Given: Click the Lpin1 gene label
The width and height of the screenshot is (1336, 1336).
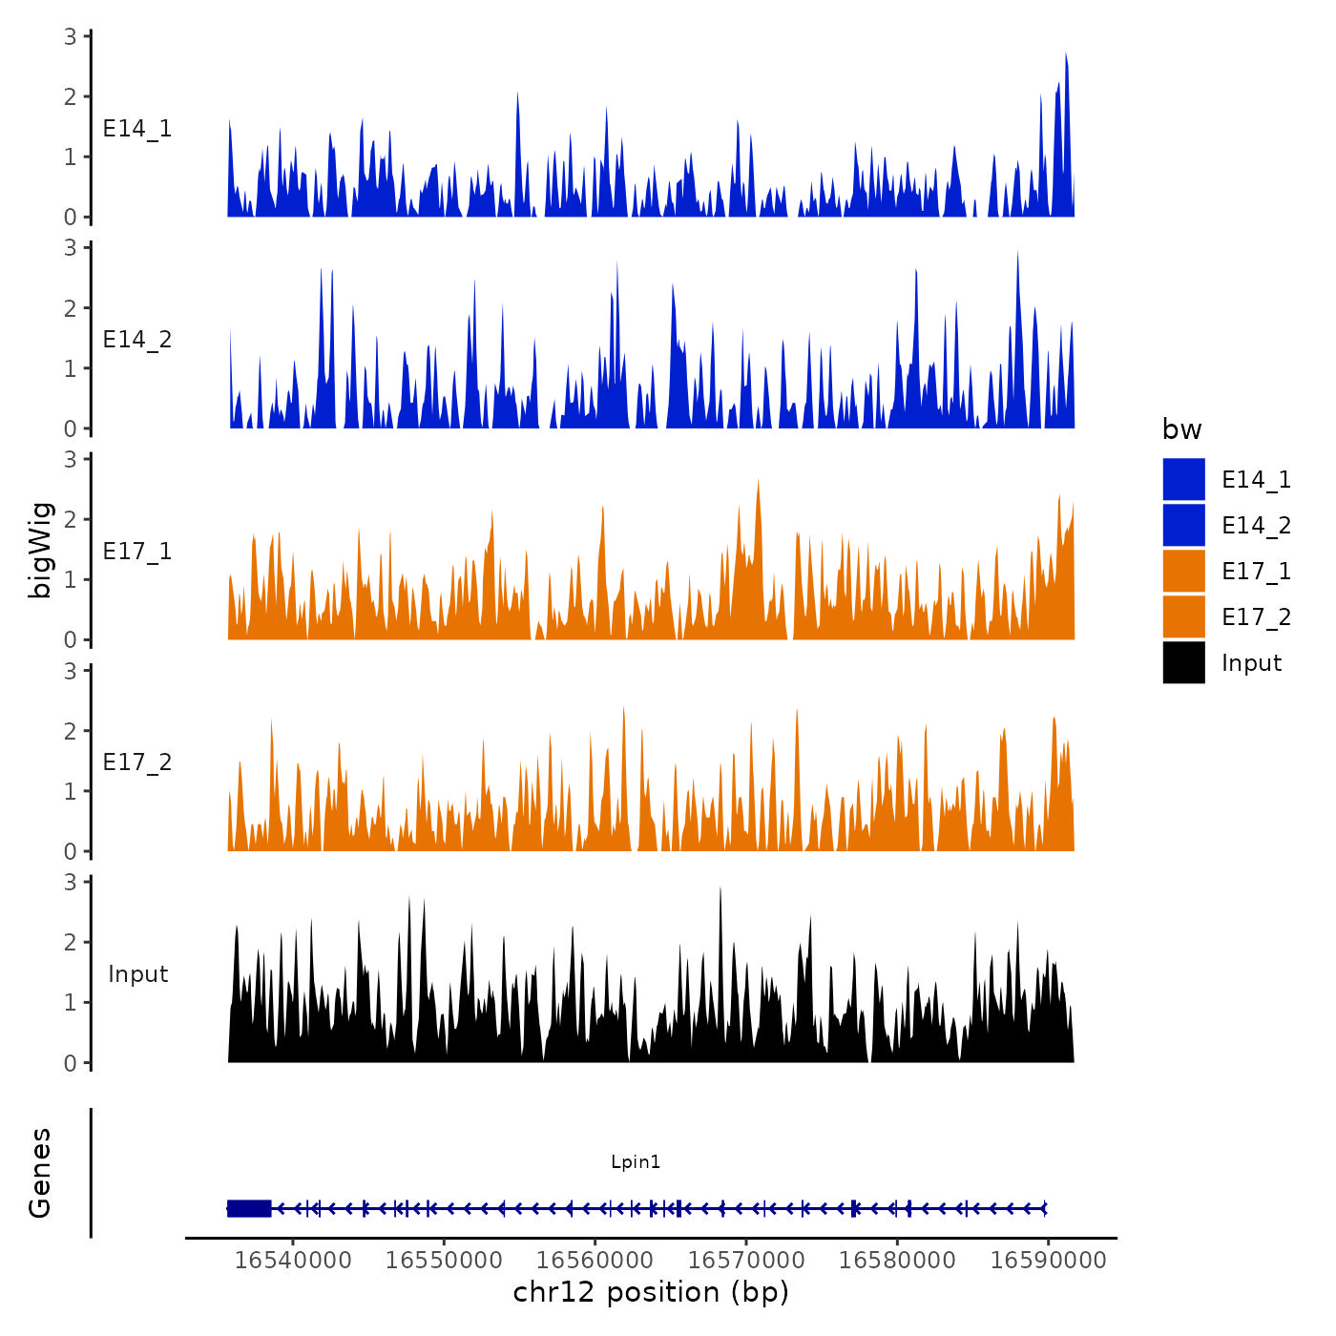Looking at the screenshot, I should (x=636, y=1161).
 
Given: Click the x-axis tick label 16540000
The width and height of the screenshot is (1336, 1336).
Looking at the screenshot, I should (x=293, y=1260).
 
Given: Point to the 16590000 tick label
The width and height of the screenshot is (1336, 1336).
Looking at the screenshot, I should (x=1048, y=1260).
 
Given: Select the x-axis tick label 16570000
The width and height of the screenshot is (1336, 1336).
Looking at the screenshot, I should (x=746, y=1260).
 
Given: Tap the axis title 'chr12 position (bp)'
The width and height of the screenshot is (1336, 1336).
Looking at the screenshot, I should (x=651, y=1292).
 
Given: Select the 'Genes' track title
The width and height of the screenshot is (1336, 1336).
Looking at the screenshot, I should (x=40, y=1173).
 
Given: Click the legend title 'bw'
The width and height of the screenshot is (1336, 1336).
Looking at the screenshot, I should (x=1181, y=429).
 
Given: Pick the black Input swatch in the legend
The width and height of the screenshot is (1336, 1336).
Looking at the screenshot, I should (x=1183, y=662).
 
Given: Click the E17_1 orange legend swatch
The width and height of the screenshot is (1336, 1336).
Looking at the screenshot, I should (x=1183, y=571).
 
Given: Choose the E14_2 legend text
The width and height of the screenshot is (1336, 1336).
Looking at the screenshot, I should (x=1256, y=526).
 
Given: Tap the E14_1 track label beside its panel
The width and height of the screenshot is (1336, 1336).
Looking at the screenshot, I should (x=137, y=129).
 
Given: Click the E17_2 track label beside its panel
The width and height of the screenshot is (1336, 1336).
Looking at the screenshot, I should (x=137, y=762).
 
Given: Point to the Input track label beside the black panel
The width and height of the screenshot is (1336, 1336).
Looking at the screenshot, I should (x=137, y=974).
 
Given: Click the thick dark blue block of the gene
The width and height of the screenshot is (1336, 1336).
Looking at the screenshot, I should (x=249, y=1208).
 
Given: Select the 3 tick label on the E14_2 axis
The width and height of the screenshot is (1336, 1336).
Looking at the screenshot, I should (x=71, y=248).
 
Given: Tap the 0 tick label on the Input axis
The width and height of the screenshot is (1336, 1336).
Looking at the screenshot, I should (x=71, y=1063).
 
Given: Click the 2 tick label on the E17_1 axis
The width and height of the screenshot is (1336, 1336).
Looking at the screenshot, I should (x=71, y=520).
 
